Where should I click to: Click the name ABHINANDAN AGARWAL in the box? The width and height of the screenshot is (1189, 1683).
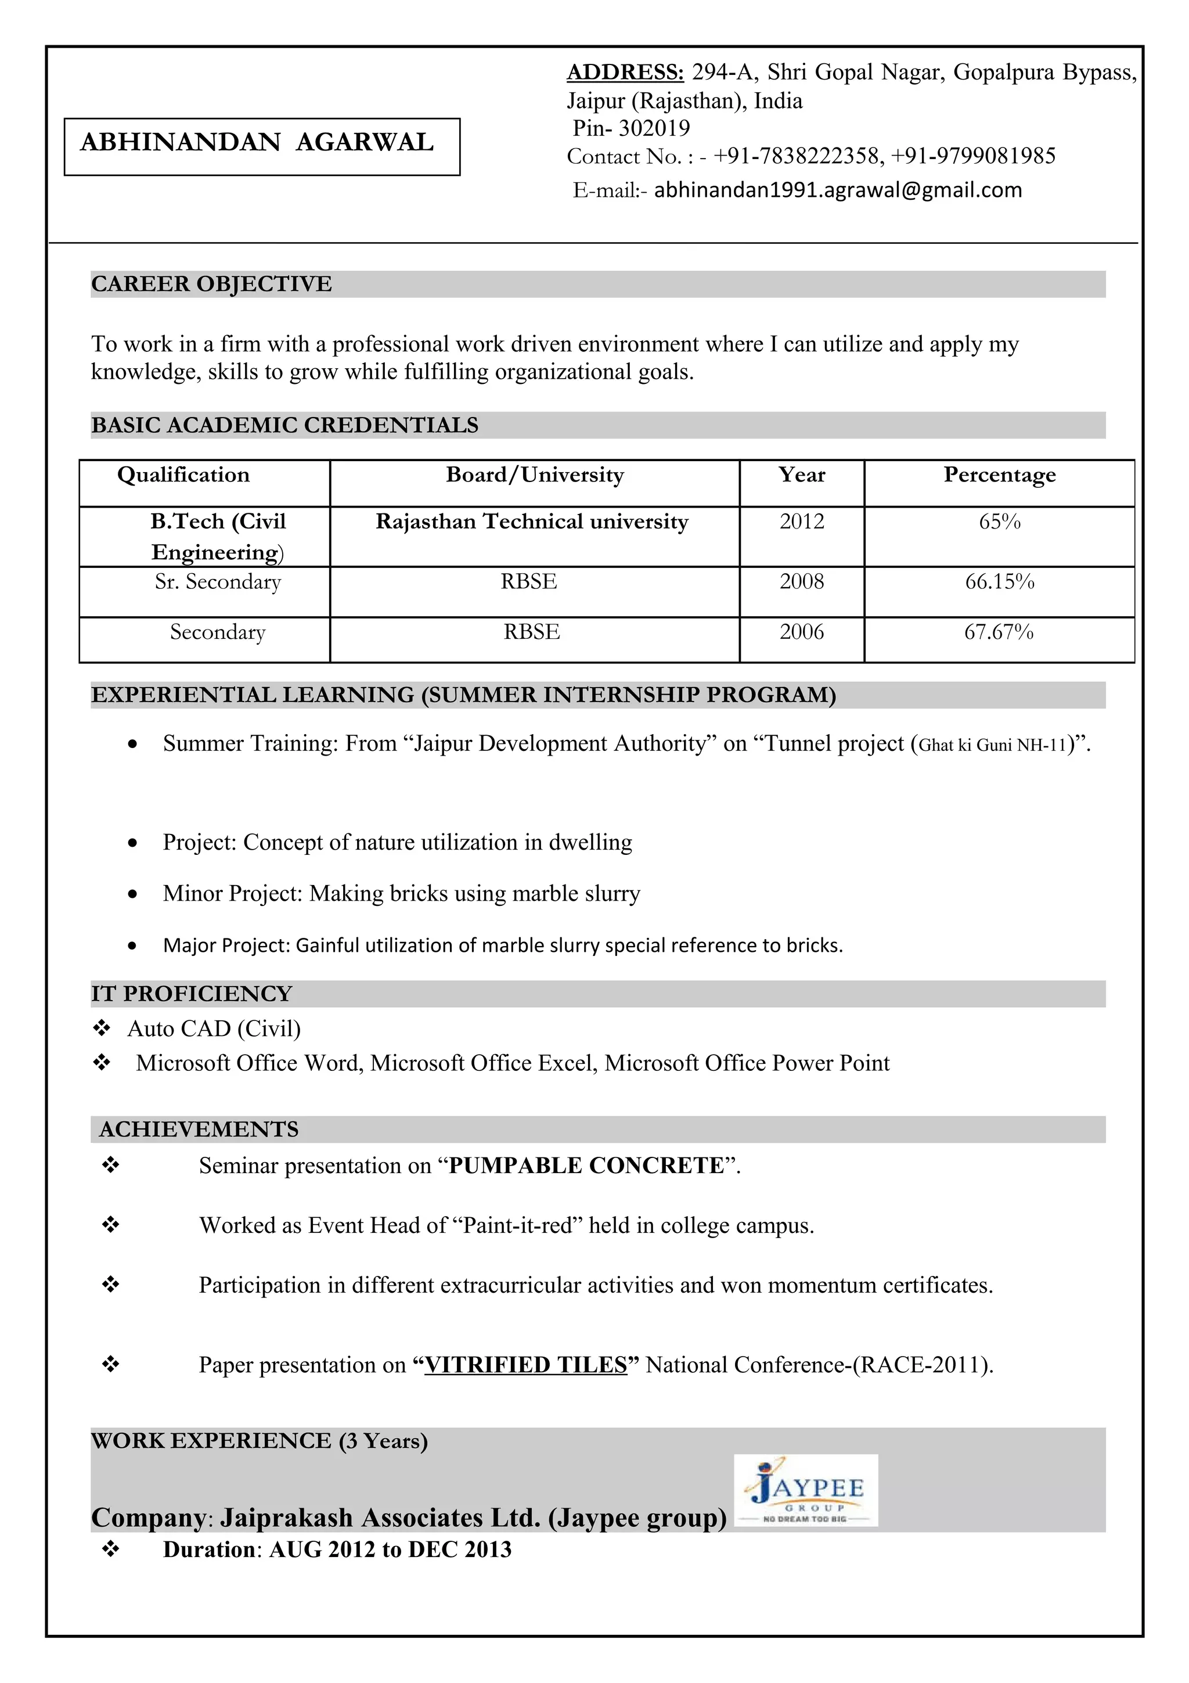(x=257, y=142)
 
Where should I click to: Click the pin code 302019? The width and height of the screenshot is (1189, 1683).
(x=654, y=128)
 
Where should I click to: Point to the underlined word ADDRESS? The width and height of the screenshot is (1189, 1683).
(x=625, y=72)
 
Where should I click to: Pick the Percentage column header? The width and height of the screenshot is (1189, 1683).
(x=999, y=475)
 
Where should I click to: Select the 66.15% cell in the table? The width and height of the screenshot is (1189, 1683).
(x=999, y=582)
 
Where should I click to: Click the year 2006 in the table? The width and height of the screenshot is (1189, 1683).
(x=801, y=632)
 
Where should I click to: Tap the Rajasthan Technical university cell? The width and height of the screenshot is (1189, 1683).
(x=532, y=522)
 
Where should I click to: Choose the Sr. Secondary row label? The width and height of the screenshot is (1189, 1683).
(x=218, y=582)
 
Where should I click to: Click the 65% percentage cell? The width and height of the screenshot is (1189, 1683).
(x=999, y=522)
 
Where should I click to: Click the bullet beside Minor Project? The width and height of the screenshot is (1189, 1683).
(x=132, y=894)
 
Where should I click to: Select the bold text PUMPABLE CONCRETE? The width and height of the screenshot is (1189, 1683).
(x=586, y=1166)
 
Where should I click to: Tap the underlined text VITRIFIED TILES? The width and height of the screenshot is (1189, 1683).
(x=526, y=1365)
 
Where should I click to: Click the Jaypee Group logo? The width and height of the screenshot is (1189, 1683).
(x=805, y=1491)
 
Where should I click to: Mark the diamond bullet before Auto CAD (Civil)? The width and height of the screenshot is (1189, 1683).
(x=102, y=1028)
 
